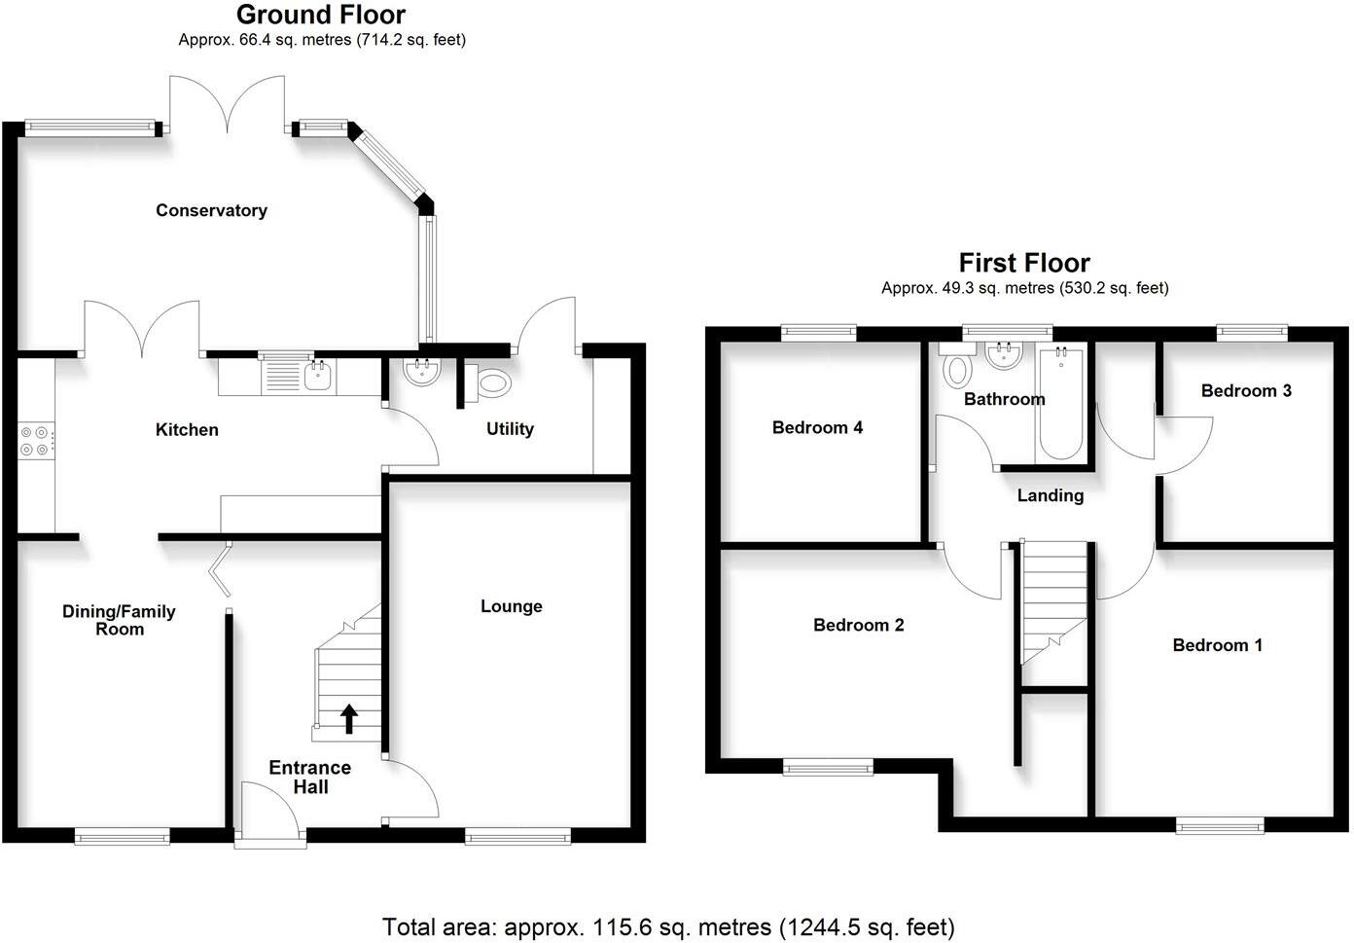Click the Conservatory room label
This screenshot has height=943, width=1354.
(x=211, y=210)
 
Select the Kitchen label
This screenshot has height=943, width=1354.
(x=187, y=429)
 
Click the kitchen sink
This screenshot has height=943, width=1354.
(x=317, y=377)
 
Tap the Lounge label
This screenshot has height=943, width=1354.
(x=511, y=606)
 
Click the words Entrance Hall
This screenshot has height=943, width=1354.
(x=310, y=777)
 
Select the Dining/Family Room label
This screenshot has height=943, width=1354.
(x=119, y=620)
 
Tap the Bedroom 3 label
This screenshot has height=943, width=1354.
(x=1246, y=390)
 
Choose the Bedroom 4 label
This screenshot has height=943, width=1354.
(x=817, y=427)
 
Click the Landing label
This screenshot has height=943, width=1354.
(x=1050, y=495)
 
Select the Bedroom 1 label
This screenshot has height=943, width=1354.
(x=1217, y=644)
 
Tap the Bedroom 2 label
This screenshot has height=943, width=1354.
(x=858, y=625)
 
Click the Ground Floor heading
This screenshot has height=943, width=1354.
(x=321, y=15)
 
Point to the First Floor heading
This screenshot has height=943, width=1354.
(x=1024, y=263)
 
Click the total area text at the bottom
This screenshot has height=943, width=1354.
(x=668, y=926)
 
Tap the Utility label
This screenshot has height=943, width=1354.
(x=510, y=429)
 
